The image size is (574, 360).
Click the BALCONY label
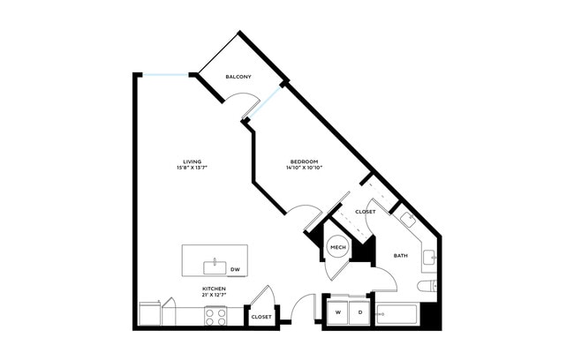click(238, 77)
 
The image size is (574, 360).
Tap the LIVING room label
click(193, 161)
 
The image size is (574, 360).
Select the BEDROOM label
click(304, 161)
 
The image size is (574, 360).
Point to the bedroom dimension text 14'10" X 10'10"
click(304, 168)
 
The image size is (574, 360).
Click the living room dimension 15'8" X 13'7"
click(193, 168)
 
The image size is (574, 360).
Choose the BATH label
click(401, 256)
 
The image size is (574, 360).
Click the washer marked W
click(338, 312)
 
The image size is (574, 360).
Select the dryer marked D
click(360, 312)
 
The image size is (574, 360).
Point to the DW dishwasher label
click(235, 270)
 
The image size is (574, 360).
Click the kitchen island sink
click(215, 267)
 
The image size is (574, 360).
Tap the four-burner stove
click(215, 317)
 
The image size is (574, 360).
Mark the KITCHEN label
click(215, 289)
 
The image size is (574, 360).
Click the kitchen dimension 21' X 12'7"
click(215, 296)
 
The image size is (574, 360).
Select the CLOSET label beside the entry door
click(261, 317)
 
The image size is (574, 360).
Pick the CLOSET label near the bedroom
click(366, 212)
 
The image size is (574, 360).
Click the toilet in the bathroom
click(427, 286)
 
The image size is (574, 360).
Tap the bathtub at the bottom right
click(397, 314)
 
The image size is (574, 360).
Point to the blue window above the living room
click(166, 75)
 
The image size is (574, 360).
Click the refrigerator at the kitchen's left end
click(150, 314)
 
